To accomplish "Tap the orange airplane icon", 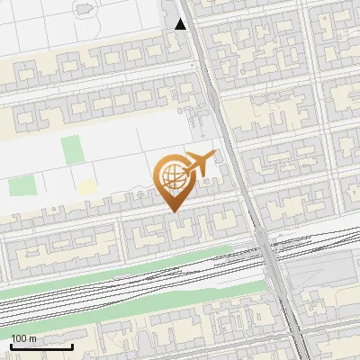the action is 199,163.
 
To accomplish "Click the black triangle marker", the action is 181,24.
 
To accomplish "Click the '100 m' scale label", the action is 24,338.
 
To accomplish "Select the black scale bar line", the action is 41,346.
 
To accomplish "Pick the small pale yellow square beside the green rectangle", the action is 86,187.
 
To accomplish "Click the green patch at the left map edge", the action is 21,186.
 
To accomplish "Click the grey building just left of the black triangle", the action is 169,13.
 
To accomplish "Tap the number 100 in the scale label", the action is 19,338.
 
